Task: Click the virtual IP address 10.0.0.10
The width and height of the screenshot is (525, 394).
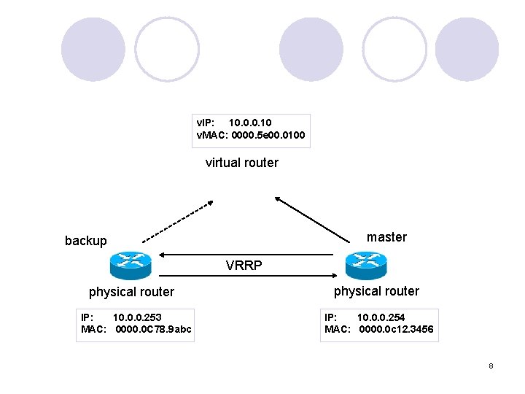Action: (x=250, y=123)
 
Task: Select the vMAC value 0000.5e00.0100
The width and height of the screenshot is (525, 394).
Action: (x=270, y=135)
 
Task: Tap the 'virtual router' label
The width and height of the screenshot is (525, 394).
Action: (x=241, y=163)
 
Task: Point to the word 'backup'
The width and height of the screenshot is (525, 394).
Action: (x=85, y=241)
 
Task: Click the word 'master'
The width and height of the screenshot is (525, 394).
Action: (x=386, y=237)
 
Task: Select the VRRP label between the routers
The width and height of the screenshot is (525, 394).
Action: (x=244, y=266)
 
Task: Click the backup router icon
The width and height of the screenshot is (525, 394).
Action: (x=130, y=266)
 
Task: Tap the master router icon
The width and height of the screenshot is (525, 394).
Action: (x=365, y=266)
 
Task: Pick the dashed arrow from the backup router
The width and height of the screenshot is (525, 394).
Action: (x=177, y=221)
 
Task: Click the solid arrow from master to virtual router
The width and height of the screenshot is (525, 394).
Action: (x=312, y=217)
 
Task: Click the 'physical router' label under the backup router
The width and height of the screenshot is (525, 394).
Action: (x=131, y=292)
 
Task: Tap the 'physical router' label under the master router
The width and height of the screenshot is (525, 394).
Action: (x=376, y=291)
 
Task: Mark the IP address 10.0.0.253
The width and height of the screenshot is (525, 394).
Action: (x=137, y=317)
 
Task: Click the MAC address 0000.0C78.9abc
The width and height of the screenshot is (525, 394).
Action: (x=153, y=330)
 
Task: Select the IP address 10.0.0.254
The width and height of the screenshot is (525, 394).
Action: (x=381, y=317)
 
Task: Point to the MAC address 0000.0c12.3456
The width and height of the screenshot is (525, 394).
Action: (x=396, y=330)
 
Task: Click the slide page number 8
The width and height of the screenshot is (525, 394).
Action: (x=491, y=366)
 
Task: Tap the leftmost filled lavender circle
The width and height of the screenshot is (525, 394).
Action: (x=93, y=50)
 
